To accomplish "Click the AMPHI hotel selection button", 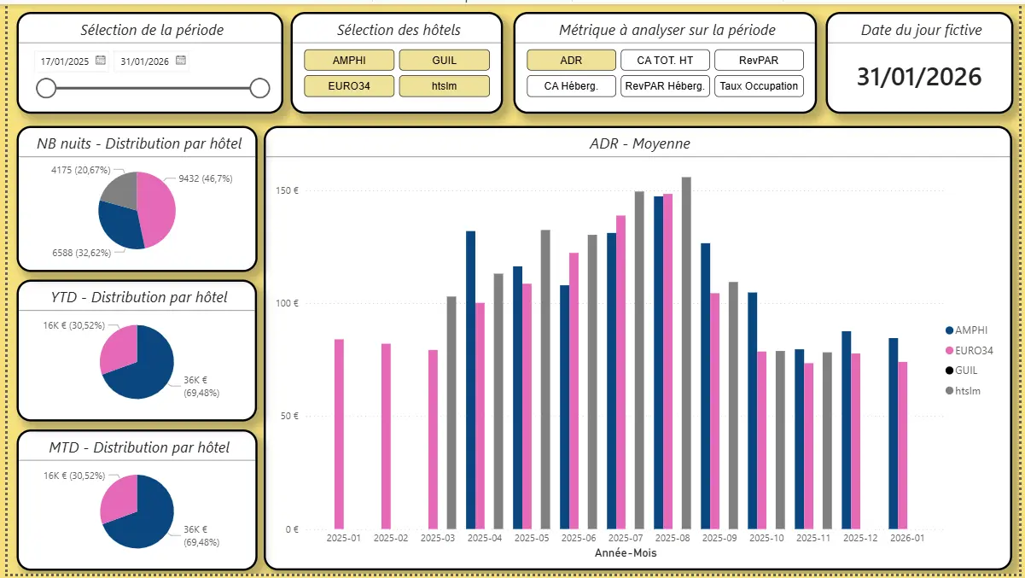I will point(349,60).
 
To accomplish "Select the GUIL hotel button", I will point(444,60).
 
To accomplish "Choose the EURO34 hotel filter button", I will point(349,85).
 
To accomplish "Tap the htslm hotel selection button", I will point(444,85).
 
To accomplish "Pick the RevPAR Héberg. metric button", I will point(665,85).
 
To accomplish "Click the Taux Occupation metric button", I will point(759,85).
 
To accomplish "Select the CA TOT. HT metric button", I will point(665,60).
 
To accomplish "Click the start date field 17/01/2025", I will point(65,61).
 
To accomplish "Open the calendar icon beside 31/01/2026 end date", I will point(181,61).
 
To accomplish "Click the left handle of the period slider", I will point(46,88).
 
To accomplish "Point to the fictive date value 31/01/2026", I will point(919,77).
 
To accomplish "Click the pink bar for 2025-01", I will point(339,434).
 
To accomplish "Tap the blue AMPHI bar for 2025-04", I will point(470,379).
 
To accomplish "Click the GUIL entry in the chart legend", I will point(966,371).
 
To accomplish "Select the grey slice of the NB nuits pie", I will point(119,187).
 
